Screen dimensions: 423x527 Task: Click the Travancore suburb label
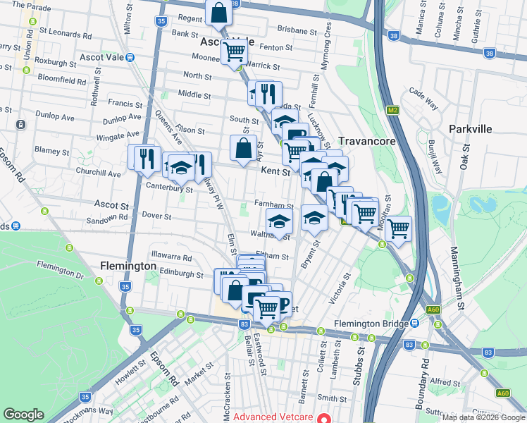coord(366,141)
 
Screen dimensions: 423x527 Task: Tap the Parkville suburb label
coord(472,129)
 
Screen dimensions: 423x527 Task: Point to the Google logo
coord(23,415)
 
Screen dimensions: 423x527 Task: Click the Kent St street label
coord(275,171)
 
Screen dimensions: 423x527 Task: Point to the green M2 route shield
coord(392,110)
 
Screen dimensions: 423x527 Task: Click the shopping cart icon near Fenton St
coord(234,51)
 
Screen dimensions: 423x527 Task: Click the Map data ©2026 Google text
coord(484,417)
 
